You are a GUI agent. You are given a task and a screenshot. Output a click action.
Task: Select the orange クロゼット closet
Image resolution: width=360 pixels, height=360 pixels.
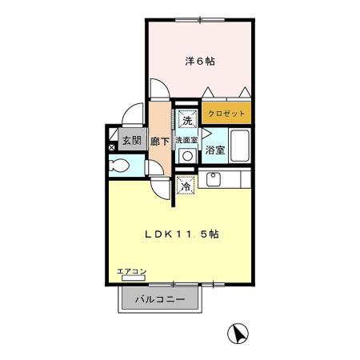coord(227,114)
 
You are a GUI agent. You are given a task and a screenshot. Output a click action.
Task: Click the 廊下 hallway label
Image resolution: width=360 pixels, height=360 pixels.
coord(161,142)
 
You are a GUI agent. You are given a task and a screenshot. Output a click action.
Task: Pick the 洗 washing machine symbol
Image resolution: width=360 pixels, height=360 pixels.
coord(186,121)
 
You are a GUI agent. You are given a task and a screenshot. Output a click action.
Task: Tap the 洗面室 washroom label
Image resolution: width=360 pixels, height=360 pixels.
coord(187,139)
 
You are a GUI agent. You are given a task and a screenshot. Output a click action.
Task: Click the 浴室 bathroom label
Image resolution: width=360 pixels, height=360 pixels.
coord(214,150)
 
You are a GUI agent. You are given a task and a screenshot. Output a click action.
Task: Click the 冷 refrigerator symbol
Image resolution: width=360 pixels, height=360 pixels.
coord(186,187)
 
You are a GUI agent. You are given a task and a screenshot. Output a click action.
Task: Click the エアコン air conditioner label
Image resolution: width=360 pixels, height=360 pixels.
coord(131,272)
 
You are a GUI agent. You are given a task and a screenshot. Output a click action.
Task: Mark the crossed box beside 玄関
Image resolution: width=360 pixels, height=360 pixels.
coord(111,146)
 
